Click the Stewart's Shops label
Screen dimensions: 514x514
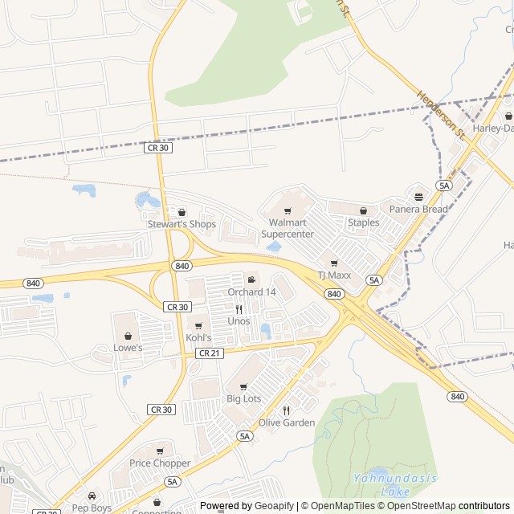click(x=182, y=224)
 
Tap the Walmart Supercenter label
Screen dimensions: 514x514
click(x=288, y=227)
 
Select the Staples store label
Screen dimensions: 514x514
click(x=363, y=222)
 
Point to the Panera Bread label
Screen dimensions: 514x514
click(x=418, y=210)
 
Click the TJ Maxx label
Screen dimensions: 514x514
click(x=335, y=275)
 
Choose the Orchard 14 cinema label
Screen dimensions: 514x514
click(x=251, y=292)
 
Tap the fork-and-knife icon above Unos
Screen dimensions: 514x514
click(x=239, y=309)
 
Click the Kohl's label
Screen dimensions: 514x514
click(x=198, y=337)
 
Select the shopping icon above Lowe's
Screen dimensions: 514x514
click(x=128, y=336)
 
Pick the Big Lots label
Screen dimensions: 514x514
click(x=243, y=398)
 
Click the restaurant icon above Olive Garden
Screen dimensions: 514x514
click(x=286, y=410)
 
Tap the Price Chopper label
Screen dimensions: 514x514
click(x=160, y=463)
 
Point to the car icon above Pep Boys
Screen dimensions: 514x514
click(x=92, y=496)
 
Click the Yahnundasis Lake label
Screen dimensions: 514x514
click(x=394, y=484)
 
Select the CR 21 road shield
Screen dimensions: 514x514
click(x=208, y=353)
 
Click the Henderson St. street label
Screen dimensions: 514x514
click(x=441, y=112)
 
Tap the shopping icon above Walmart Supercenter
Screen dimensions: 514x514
click(x=288, y=212)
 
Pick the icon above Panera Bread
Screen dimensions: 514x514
click(x=418, y=197)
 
